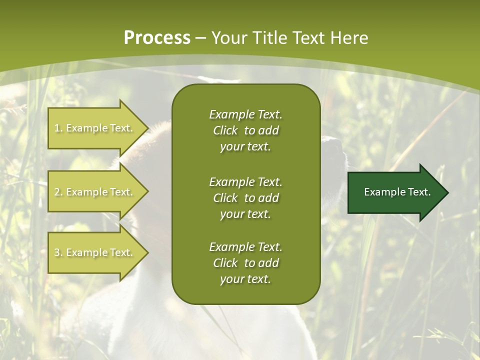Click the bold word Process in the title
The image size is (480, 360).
[157, 38]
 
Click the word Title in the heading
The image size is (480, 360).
[270, 38]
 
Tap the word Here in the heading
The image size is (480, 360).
[349, 38]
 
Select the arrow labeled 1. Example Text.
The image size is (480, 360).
[95, 128]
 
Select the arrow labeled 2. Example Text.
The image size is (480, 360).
[95, 192]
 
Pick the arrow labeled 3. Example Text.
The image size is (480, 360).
[95, 252]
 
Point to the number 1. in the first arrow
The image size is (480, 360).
[58, 128]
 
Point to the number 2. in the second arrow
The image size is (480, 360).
[58, 192]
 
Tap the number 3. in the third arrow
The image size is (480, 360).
[58, 252]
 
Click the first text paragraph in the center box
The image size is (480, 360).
[245, 130]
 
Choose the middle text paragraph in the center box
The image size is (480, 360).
[245, 198]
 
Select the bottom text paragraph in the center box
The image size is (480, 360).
[245, 263]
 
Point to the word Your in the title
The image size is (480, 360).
[230, 38]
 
